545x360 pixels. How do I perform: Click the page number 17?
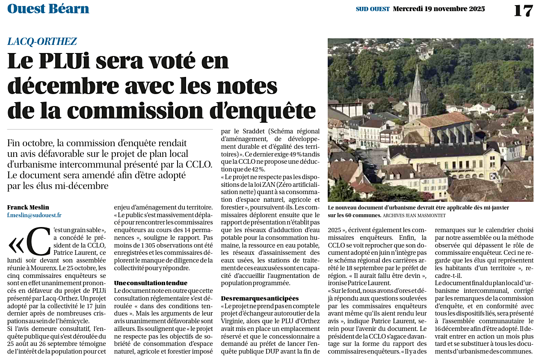[x=523, y=10]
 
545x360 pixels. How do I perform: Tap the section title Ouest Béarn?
[x=48, y=9]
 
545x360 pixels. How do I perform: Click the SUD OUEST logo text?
[x=373, y=9]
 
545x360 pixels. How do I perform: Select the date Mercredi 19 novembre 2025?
[x=439, y=9]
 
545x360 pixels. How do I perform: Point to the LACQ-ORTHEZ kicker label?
[x=42, y=41]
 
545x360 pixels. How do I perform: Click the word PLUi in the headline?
[x=65, y=61]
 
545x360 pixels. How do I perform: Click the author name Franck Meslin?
[x=28, y=207]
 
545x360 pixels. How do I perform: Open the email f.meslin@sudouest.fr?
[x=34, y=215]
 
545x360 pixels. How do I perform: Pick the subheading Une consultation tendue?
[x=151, y=283]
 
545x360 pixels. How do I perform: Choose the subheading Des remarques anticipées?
[x=260, y=298]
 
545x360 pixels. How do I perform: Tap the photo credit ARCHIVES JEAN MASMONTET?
[x=414, y=215]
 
